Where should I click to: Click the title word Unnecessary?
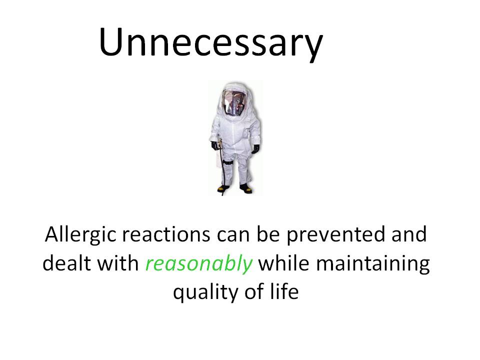tap(211, 43)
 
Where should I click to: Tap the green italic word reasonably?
tap(198, 263)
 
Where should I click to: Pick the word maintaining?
tap(372, 264)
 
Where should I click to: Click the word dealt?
tap(64, 263)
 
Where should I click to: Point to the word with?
tap(116, 263)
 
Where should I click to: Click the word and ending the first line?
tap(409, 234)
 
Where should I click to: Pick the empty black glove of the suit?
tap(255, 149)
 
